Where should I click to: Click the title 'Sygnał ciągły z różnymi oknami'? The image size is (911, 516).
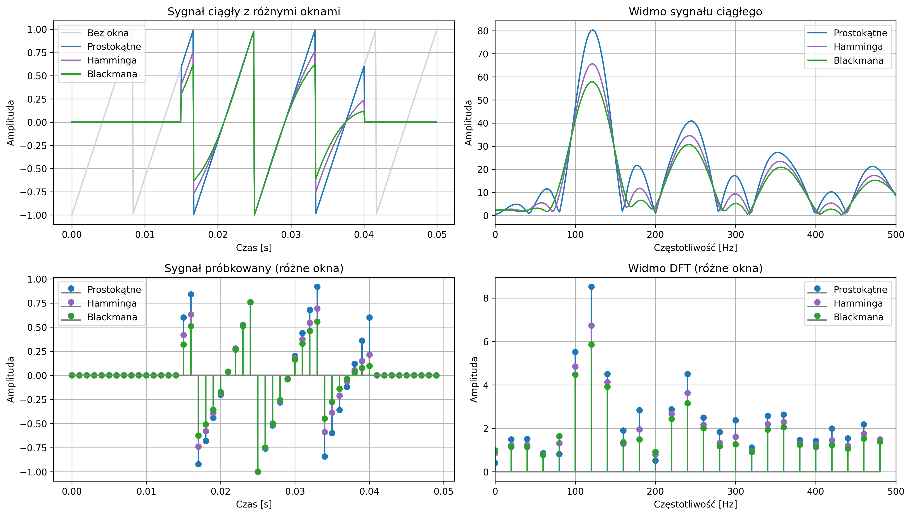(254, 12)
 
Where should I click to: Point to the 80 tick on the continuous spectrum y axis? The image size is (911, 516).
(483, 31)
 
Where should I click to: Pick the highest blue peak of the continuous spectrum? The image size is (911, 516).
(592, 30)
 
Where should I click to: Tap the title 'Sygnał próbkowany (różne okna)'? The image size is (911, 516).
(254, 268)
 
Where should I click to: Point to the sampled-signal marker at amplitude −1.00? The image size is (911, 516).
(258, 472)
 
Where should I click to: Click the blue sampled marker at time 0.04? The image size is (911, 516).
(369, 317)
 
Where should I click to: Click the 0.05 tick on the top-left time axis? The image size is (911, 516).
(437, 235)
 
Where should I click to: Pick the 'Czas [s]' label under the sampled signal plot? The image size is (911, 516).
(254, 504)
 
